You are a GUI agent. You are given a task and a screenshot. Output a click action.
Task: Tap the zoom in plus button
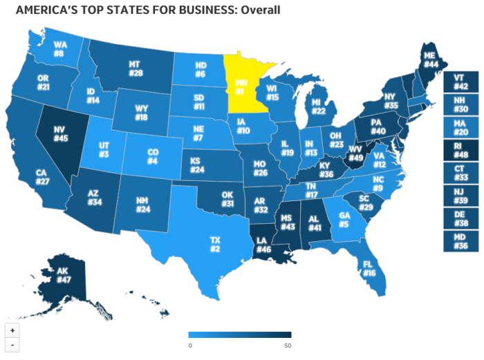tap(12, 330)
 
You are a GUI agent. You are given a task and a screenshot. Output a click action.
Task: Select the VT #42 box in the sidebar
tap(460, 82)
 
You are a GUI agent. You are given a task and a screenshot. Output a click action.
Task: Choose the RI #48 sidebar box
tap(460, 150)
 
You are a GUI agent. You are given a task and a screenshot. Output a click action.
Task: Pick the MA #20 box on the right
tap(460, 127)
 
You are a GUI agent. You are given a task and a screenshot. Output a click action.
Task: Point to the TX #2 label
tap(215, 244)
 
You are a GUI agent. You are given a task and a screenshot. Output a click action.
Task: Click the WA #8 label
tap(59, 49)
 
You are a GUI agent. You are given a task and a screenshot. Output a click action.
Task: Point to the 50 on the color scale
tap(288, 345)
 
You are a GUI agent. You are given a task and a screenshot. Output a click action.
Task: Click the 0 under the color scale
tap(189, 345)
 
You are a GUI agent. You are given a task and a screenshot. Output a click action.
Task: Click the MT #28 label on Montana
tap(135, 69)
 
